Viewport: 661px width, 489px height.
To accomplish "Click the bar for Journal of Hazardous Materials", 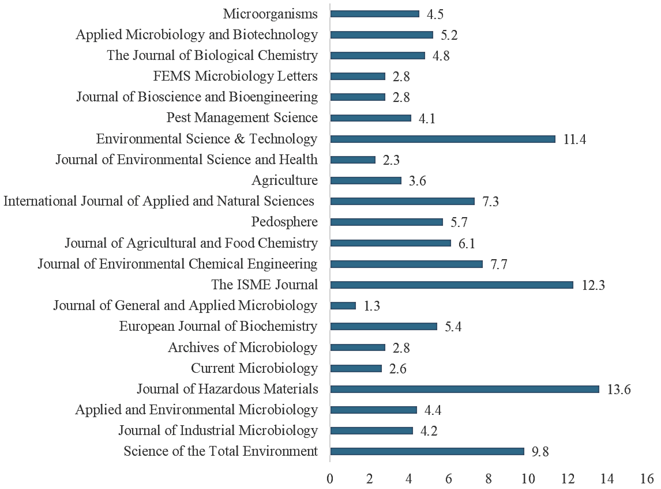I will point(464,389).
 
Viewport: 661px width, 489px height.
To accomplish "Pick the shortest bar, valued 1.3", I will point(343,305).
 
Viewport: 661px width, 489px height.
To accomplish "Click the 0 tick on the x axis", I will point(330,479).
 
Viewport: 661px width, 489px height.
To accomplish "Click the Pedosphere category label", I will point(284,222).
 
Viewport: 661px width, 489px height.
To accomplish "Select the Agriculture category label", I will point(285,180).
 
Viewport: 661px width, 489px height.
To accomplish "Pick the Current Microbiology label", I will point(254,368).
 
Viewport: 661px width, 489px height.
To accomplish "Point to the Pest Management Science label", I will point(242,117).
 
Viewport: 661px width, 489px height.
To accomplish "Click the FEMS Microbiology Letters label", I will point(235,76).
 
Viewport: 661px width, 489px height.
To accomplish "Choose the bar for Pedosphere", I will point(387,222).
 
